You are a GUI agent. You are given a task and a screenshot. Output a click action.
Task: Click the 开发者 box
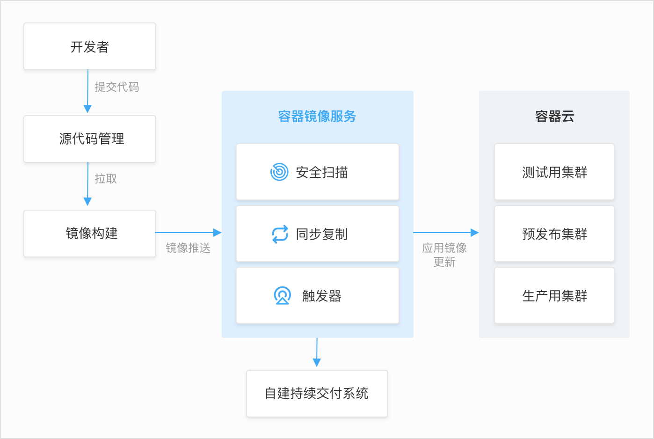tap(90, 46)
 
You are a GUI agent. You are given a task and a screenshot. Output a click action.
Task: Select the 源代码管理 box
tap(90, 139)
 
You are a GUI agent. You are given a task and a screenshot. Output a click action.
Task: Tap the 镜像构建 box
tap(90, 234)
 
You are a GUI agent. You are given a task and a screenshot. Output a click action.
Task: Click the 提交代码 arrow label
tap(117, 87)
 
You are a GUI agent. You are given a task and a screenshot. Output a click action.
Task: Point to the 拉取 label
tap(106, 178)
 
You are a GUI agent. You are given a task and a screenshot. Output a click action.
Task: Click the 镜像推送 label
tap(188, 248)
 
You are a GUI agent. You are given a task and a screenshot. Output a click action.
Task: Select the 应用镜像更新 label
tap(444, 255)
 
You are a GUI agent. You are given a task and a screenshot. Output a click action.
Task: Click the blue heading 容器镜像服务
tap(317, 116)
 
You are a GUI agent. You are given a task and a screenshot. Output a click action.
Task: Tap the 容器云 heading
tap(555, 116)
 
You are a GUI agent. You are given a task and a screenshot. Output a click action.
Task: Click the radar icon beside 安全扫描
tap(279, 172)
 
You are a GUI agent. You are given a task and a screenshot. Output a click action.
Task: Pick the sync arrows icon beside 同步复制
tap(280, 234)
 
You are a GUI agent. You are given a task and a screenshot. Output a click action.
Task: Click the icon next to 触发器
tap(283, 296)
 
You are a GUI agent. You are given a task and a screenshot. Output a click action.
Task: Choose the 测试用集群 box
tap(554, 172)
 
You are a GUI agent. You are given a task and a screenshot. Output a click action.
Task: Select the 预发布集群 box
tap(554, 234)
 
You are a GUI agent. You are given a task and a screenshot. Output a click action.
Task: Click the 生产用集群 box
tap(554, 295)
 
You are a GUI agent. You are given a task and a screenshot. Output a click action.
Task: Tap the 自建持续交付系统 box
tap(317, 394)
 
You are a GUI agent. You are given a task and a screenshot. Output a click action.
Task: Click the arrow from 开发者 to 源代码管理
tap(87, 91)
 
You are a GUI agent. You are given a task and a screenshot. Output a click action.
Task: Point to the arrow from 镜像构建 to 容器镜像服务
tap(189, 233)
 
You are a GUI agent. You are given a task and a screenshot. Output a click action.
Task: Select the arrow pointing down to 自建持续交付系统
tap(317, 352)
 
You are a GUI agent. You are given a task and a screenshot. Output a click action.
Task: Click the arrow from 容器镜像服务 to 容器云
tap(446, 233)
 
